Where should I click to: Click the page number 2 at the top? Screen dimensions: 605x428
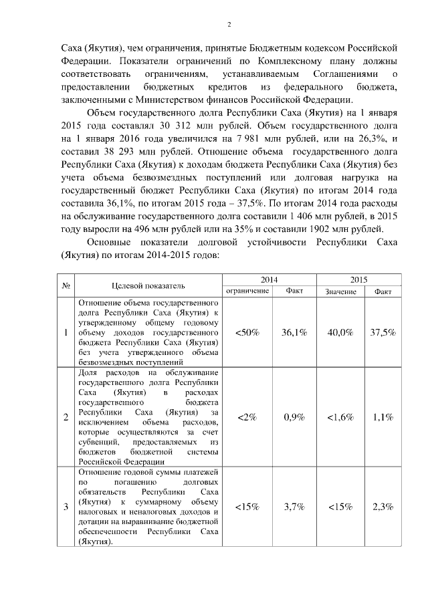click(229, 25)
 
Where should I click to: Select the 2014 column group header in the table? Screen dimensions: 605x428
click(269, 279)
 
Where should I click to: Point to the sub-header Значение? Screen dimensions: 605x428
click(340, 292)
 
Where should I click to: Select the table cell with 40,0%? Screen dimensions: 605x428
click(340, 332)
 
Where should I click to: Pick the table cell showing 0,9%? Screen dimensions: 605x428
click(294, 417)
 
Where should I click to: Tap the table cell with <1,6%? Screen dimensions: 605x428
click(340, 417)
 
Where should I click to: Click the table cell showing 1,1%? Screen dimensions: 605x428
click(383, 417)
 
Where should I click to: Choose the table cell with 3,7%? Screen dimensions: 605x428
click(294, 507)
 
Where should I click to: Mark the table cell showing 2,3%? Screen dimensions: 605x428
click(383, 507)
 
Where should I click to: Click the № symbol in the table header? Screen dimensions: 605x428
click(67, 285)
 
